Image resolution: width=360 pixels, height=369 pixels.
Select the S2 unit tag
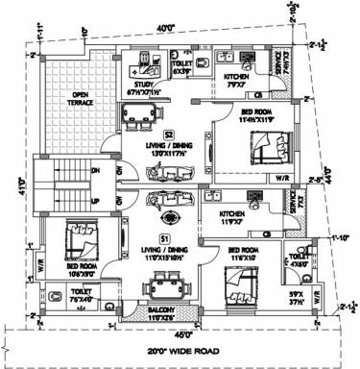tap(168, 134)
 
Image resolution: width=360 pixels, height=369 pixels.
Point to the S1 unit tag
tap(164, 237)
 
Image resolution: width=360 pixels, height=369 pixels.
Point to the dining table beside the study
tap(140, 115)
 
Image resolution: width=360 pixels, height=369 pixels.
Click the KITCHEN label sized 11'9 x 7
tap(232, 214)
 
